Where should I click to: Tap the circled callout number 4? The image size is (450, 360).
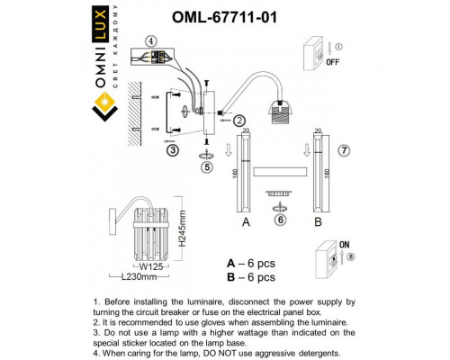click(x=151, y=41)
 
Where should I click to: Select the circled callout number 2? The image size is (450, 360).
click(x=239, y=120)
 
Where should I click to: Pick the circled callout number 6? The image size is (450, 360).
click(x=281, y=219)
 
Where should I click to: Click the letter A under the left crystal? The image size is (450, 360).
click(x=245, y=220)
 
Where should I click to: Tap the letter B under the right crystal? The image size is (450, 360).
click(x=318, y=220)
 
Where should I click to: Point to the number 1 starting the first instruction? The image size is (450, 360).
click(x=96, y=298)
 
